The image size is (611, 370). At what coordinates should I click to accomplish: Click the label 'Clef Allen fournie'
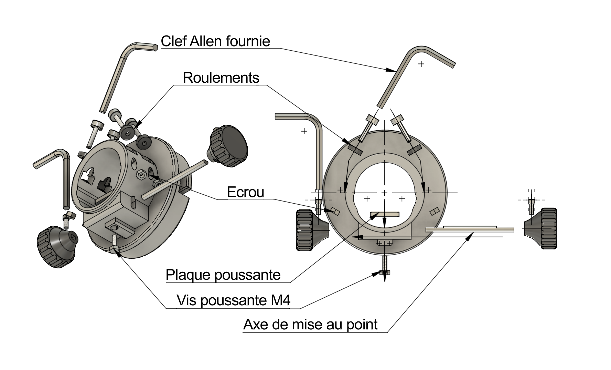215,41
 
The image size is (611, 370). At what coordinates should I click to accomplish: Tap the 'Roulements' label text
221,78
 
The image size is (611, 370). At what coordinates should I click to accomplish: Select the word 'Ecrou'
245,192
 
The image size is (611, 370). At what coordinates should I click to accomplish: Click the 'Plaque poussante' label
223,275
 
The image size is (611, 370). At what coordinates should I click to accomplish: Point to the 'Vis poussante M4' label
233,300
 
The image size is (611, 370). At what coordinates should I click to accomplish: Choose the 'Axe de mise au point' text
310,325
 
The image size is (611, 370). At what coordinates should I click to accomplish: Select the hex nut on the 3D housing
140,174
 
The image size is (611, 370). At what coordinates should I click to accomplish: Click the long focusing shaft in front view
470,229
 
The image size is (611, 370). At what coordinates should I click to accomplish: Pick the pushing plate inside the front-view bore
385,214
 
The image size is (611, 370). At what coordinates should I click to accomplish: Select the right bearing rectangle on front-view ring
414,150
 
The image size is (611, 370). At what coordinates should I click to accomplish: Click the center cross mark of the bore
385,192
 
